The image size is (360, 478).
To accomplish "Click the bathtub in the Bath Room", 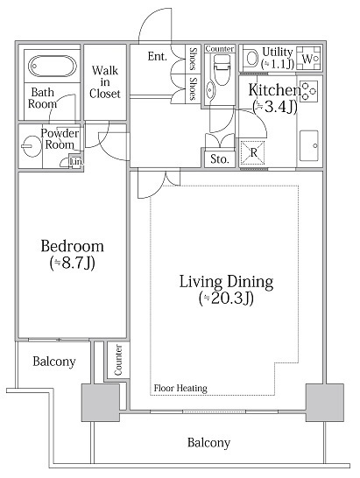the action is [x=53, y=66].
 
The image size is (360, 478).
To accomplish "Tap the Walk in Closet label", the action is [x=104, y=82].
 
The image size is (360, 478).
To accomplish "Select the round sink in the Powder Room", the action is [x=32, y=146].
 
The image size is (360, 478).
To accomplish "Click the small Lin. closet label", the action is [x=76, y=162].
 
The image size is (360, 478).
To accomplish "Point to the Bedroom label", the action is [x=73, y=246].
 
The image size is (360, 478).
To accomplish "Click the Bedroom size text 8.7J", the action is [x=73, y=263].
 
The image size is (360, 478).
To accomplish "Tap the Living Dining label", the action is [x=226, y=281].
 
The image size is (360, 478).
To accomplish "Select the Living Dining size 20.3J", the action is [x=226, y=299].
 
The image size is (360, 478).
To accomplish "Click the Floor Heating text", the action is [x=180, y=388].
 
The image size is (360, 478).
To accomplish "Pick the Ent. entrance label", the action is [x=158, y=56].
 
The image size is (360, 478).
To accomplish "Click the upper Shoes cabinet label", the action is [x=194, y=59].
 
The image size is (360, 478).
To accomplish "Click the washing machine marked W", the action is [x=308, y=59].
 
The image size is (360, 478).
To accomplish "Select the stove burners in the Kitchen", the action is [x=308, y=91].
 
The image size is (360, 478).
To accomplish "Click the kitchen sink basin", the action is [x=309, y=145].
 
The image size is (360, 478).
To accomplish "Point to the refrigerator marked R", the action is [x=252, y=152].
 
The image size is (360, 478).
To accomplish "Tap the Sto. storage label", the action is [x=220, y=158].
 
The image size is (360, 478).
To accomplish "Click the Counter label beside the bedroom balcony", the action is [x=118, y=360].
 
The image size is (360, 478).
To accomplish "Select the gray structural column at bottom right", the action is [x=324, y=403].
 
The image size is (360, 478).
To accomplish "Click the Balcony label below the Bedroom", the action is [x=54, y=362].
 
